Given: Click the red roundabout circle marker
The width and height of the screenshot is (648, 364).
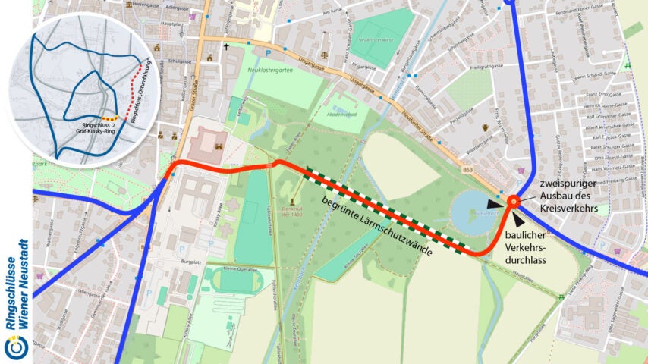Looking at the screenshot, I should [x=514, y=201].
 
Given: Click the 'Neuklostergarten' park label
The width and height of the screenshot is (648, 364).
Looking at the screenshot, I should [x=268, y=74].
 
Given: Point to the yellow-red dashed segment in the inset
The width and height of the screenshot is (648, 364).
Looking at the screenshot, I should [x=111, y=118].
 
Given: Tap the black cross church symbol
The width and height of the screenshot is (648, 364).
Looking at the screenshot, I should [x=225, y=47].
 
